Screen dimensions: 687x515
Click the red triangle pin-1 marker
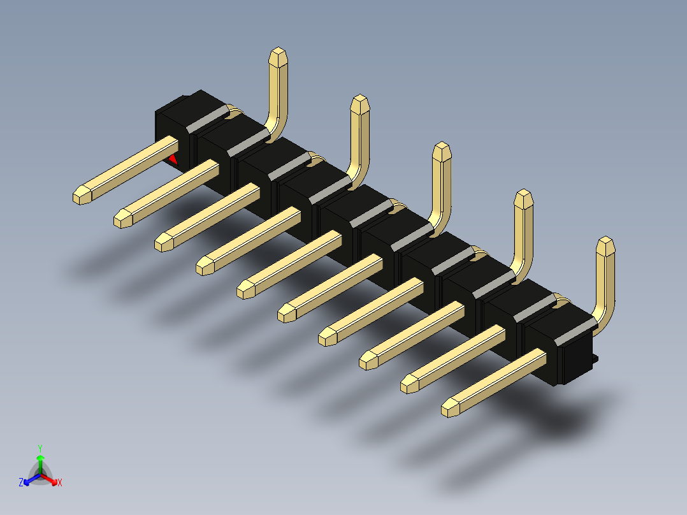pyautogui.click(x=173, y=159)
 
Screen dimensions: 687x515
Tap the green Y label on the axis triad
pyautogui.click(x=40, y=448)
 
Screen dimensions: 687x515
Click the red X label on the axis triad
pyautogui.click(x=60, y=482)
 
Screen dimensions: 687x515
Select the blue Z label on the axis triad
pyautogui.click(x=21, y=482)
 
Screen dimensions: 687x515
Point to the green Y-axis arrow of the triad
pyautogui.click(x=40, y=464)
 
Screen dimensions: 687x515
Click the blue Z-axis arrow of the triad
pyautogui.click(x=32, y=479)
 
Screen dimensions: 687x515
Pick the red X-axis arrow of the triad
pyautogui.click(x=48, y=479)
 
